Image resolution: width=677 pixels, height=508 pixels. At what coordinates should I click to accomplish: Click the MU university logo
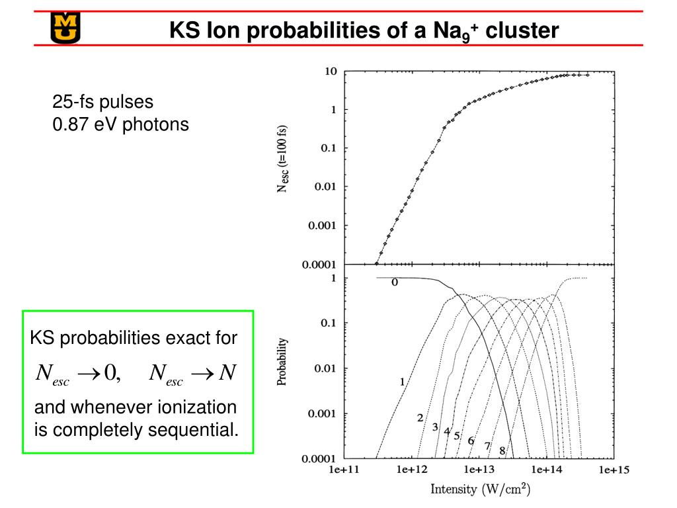click(64, 27)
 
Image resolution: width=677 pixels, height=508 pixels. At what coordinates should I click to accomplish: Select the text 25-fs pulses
click(102, 102)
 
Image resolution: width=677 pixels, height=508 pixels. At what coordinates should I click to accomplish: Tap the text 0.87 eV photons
click(120, 124)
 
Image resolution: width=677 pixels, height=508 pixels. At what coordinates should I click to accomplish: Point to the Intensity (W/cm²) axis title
click(481, 489)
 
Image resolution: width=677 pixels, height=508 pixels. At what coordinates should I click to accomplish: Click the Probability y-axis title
click(282, 362)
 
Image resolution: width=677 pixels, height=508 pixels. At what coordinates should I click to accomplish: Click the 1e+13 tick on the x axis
click(478, 470)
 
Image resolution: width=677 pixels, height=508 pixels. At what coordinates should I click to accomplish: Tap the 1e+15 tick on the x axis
click(614, 470)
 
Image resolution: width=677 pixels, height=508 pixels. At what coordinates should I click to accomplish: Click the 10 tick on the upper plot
click(331, 71)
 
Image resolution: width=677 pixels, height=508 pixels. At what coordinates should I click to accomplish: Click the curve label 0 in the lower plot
click(395, 282)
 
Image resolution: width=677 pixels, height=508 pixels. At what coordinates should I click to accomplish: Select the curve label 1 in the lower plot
click(401, 381)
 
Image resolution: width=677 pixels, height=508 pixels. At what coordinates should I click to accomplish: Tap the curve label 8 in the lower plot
click(502, 450)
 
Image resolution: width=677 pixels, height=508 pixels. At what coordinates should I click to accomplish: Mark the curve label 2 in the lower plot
click(420, 417)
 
